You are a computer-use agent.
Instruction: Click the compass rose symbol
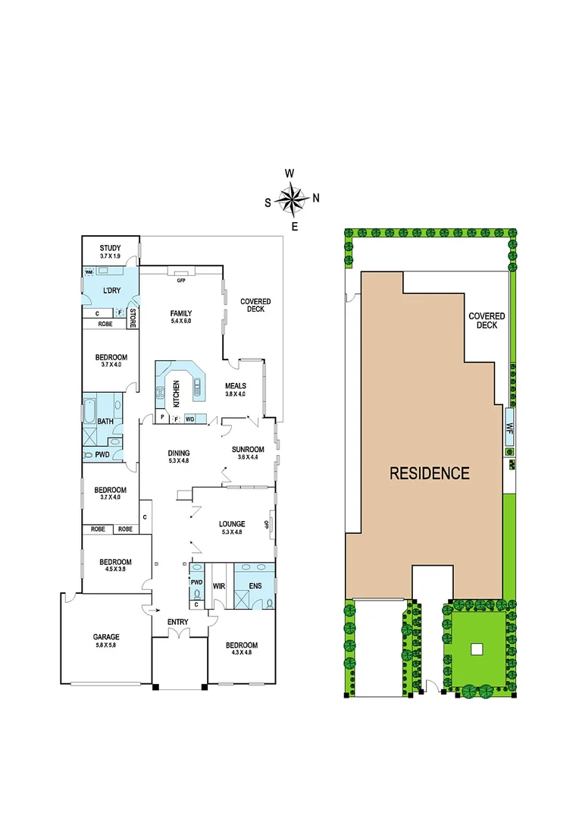(x=290, y=199)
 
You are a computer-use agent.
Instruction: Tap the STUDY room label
(x=111, y=247)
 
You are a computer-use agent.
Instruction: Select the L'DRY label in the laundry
(x=112, y=290)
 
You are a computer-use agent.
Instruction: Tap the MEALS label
(x=236, y=385)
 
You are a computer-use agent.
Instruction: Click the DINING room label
(x=180, y=453)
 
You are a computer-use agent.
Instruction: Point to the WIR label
(x=219, y=586)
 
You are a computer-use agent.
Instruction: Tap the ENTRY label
(x=177, y=623)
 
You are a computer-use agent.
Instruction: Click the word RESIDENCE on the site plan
(x=429, y=474)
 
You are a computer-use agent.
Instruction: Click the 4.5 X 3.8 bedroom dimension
(x=115, y=570)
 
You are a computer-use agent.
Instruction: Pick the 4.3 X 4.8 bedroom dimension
(x=242, y=654)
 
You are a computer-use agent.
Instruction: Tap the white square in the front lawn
(x=476, y=648)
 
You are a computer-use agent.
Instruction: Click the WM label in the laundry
(x=88, y=272)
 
